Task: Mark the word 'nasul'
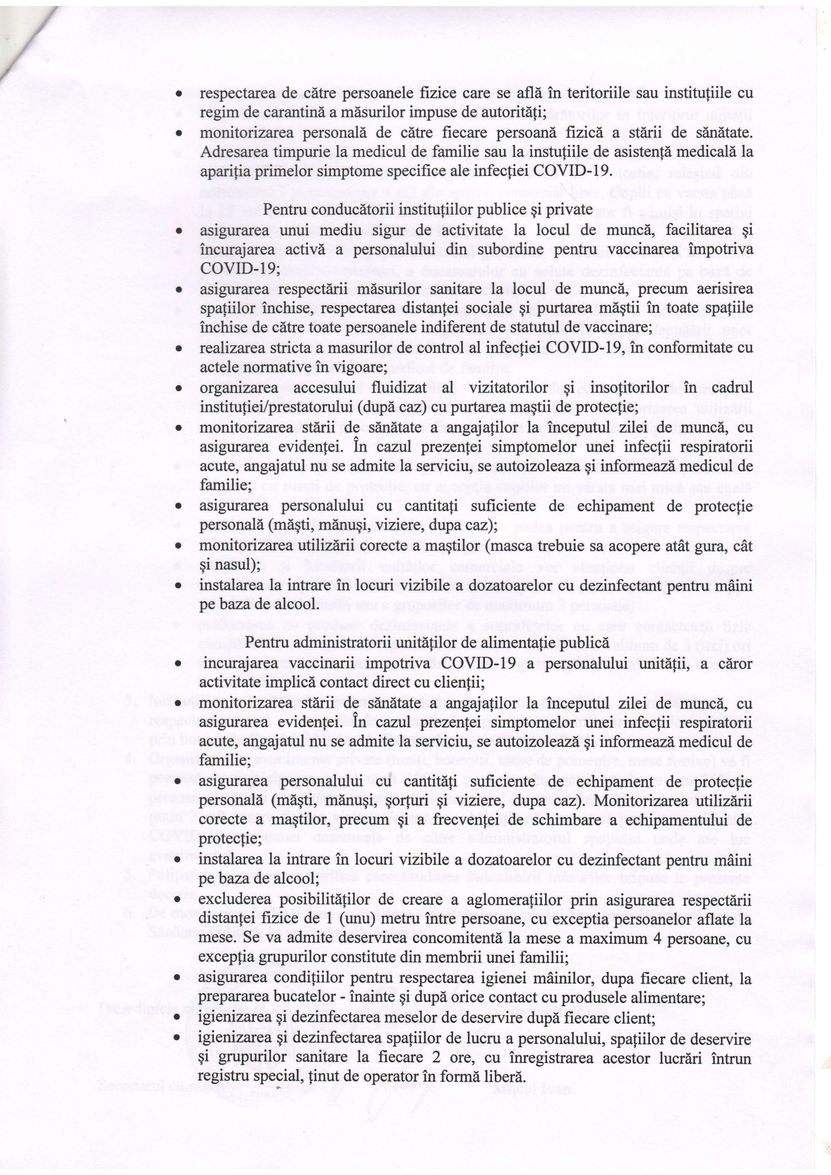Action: point(235,565)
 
